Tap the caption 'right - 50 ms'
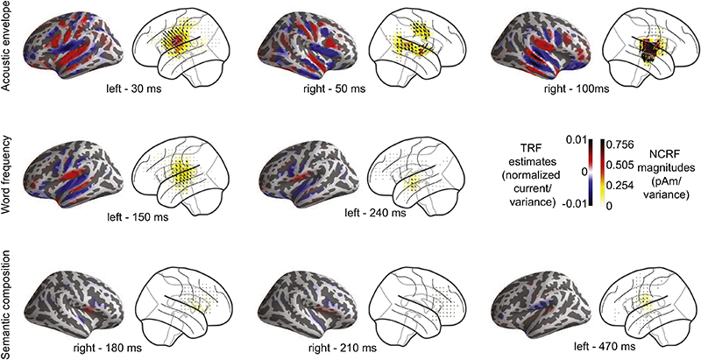click(x=334, y=89)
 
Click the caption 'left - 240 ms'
click(x=376, y=213)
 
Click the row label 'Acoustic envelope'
click(x=6, y=46)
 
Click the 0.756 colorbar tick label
click(x=621, y=145)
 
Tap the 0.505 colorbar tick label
click(x=621, y=165)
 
